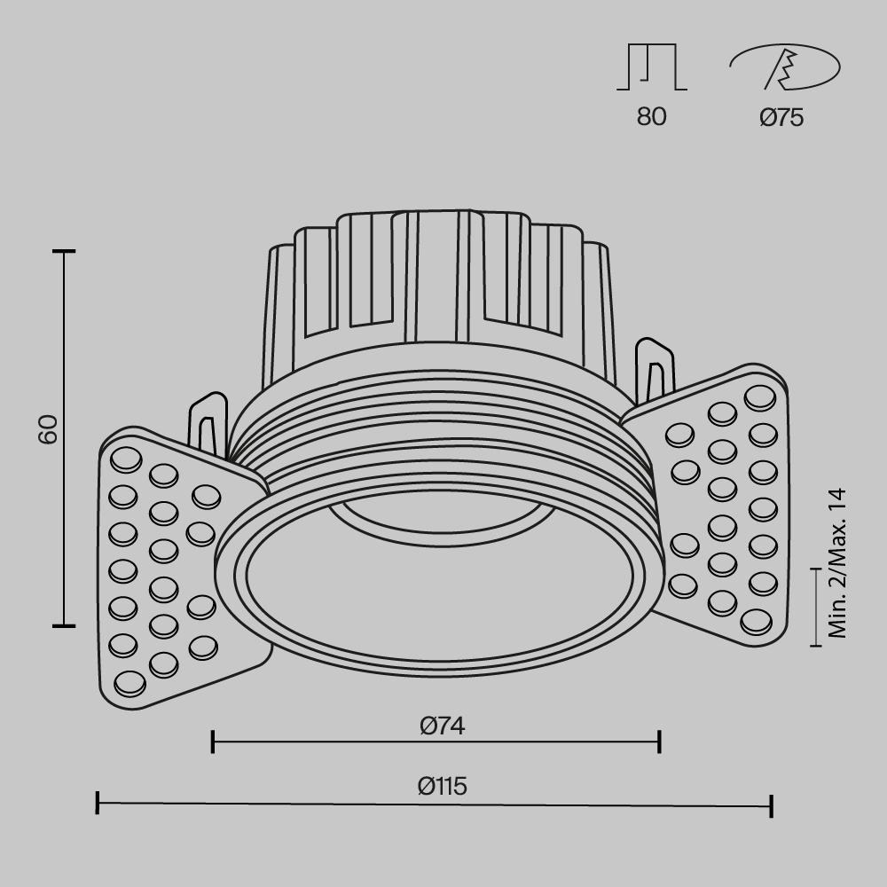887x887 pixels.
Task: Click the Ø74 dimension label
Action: (x=443, y=726)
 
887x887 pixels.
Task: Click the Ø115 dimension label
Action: (x=443, y=786)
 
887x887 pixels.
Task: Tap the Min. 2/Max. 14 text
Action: (x=838, y=563)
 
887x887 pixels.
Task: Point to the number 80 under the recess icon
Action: (x=651, y=117)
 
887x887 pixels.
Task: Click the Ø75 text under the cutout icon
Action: (x=781, y=117)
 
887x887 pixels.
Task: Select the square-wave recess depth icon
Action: (x=652, y=67)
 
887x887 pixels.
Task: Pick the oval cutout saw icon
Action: (x=784, y=67)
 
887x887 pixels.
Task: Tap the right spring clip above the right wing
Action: (x=654, y=368)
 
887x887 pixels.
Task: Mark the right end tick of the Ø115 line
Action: (x=772, y=805)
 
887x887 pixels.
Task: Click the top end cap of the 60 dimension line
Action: (x=63, y=252)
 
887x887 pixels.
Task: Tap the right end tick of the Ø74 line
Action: (x=659, y=742)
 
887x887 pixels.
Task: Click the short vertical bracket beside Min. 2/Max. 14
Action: (x=816, y=607)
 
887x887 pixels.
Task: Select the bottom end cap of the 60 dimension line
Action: (x=63, y=625)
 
